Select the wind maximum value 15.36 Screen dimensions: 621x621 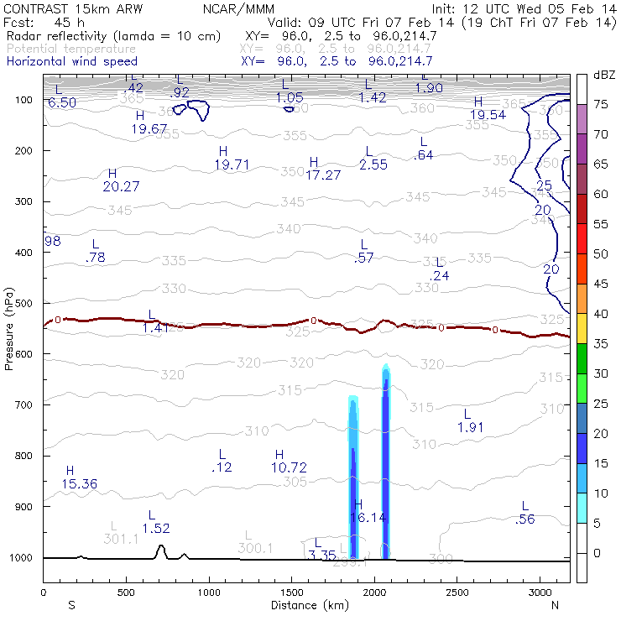coord(80,484)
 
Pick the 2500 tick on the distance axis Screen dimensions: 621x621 coord(457,592)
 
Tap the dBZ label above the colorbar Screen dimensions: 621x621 coord(604,75)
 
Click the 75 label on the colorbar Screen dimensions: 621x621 coord(602,104)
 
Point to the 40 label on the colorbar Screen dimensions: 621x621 coord(602,313)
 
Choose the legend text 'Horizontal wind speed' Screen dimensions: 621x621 coord(71,61)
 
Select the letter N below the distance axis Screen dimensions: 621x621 coord(555,604)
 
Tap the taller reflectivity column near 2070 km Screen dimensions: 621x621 coord(386,470)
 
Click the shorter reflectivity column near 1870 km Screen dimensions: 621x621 coord(353,487)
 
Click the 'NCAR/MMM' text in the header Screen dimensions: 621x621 coord(236,8)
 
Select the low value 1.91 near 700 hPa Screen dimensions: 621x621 coord(471,427)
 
